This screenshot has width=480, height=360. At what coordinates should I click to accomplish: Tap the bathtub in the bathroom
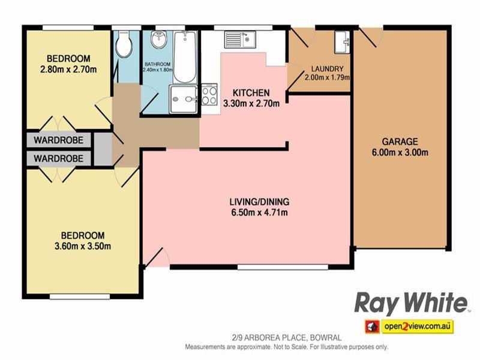pyautogui.click(x=185, y=57)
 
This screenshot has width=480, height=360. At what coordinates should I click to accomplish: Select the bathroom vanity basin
pyautogui.click(x=159, y=41)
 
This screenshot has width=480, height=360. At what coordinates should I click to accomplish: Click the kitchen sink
pyautogui.click(x=241, y=40)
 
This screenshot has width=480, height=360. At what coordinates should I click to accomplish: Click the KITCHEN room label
pyautogui.click(x=251, y=93)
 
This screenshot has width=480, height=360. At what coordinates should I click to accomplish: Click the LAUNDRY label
pyautogui.click(x=327, y=68)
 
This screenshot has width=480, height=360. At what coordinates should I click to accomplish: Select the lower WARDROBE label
pyautogui.click(x=59, y=158)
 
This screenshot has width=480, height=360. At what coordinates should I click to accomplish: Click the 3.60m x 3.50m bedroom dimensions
pyautogui.click(x=83, y=245)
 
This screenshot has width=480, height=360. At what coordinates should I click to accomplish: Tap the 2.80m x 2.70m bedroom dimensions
pyautogui.click(x=68, y=69)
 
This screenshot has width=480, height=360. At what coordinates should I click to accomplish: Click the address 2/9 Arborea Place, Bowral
pyautogui.click(x=286, y=338)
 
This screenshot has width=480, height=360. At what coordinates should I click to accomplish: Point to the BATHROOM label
pyautogui.click(x=157, y=64)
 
